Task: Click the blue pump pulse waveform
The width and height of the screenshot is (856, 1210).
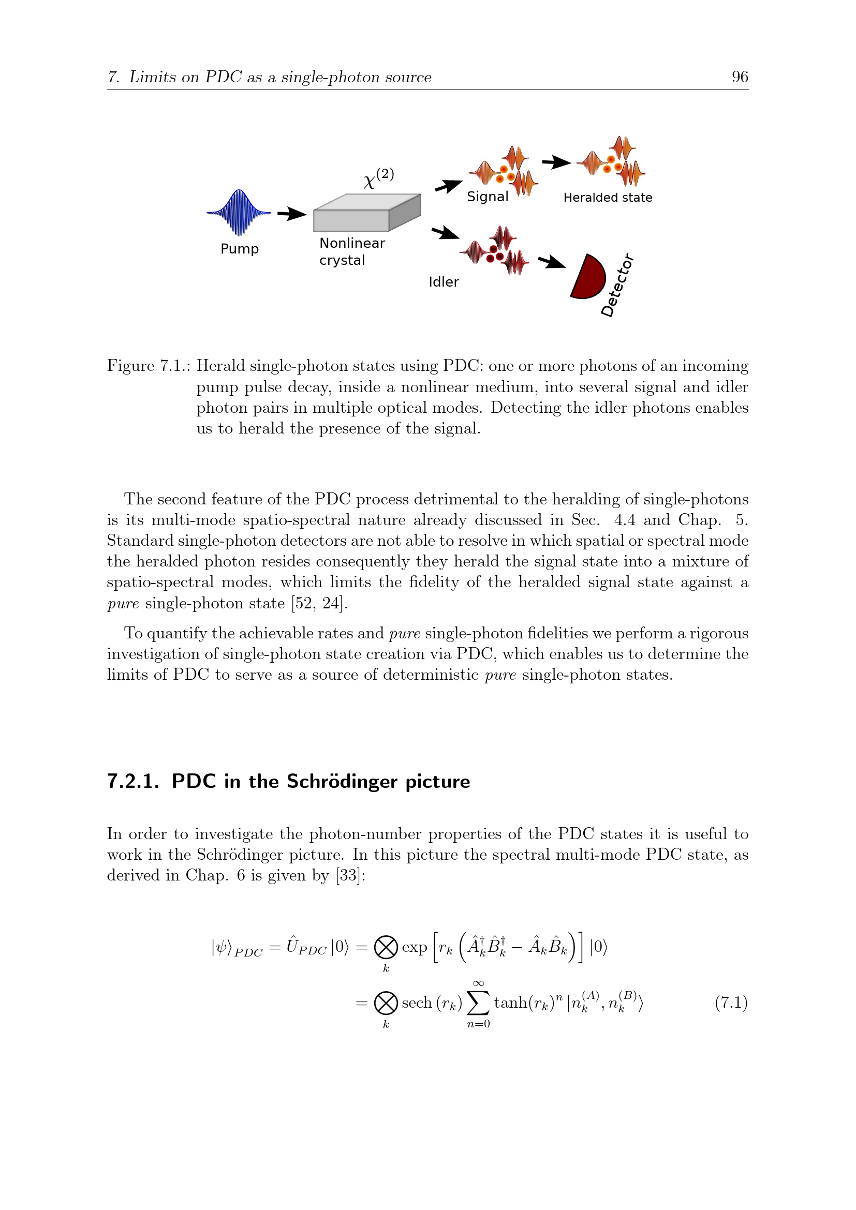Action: pyautogui.click(x=239, y=213)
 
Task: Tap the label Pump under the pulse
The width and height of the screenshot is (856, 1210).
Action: pyautogui.click(x=239, y=249)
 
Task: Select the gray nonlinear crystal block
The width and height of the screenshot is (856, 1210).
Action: pyautogui.click(x=367, y=213)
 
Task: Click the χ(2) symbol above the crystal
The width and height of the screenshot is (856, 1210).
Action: pyautogui.click(x=378, y=178)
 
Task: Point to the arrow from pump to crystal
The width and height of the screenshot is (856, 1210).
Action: pyautogui.click(x=292, y=214)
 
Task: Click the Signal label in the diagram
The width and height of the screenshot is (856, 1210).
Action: pyautogui.click(x=488, y=197)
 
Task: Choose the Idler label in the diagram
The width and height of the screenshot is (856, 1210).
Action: pyautogui.click(x=444, y=282)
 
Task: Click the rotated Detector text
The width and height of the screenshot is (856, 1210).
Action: pyautogui.click(x=617, y=285)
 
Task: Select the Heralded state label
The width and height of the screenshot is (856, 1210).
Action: pyautogui.click(x=608, y=198)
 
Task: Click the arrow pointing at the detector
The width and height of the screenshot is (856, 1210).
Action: pyautogui.click(x=552, y=261)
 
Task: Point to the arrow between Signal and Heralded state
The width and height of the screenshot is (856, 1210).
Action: pyautogui.click(x=557, y=162)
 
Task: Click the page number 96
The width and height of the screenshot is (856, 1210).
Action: pyautogui.click(x=740, y=77)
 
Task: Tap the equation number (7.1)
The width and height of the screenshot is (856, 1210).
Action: pyautogui.click(x=732, y=1003)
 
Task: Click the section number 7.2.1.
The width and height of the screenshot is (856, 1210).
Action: pyautogui.click(x=134, y=782)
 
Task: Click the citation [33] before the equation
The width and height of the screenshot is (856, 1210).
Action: pyautogui.click(x=348, y=875)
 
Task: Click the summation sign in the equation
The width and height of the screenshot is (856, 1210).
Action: pyautogui.click(x=479, y=1003)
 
